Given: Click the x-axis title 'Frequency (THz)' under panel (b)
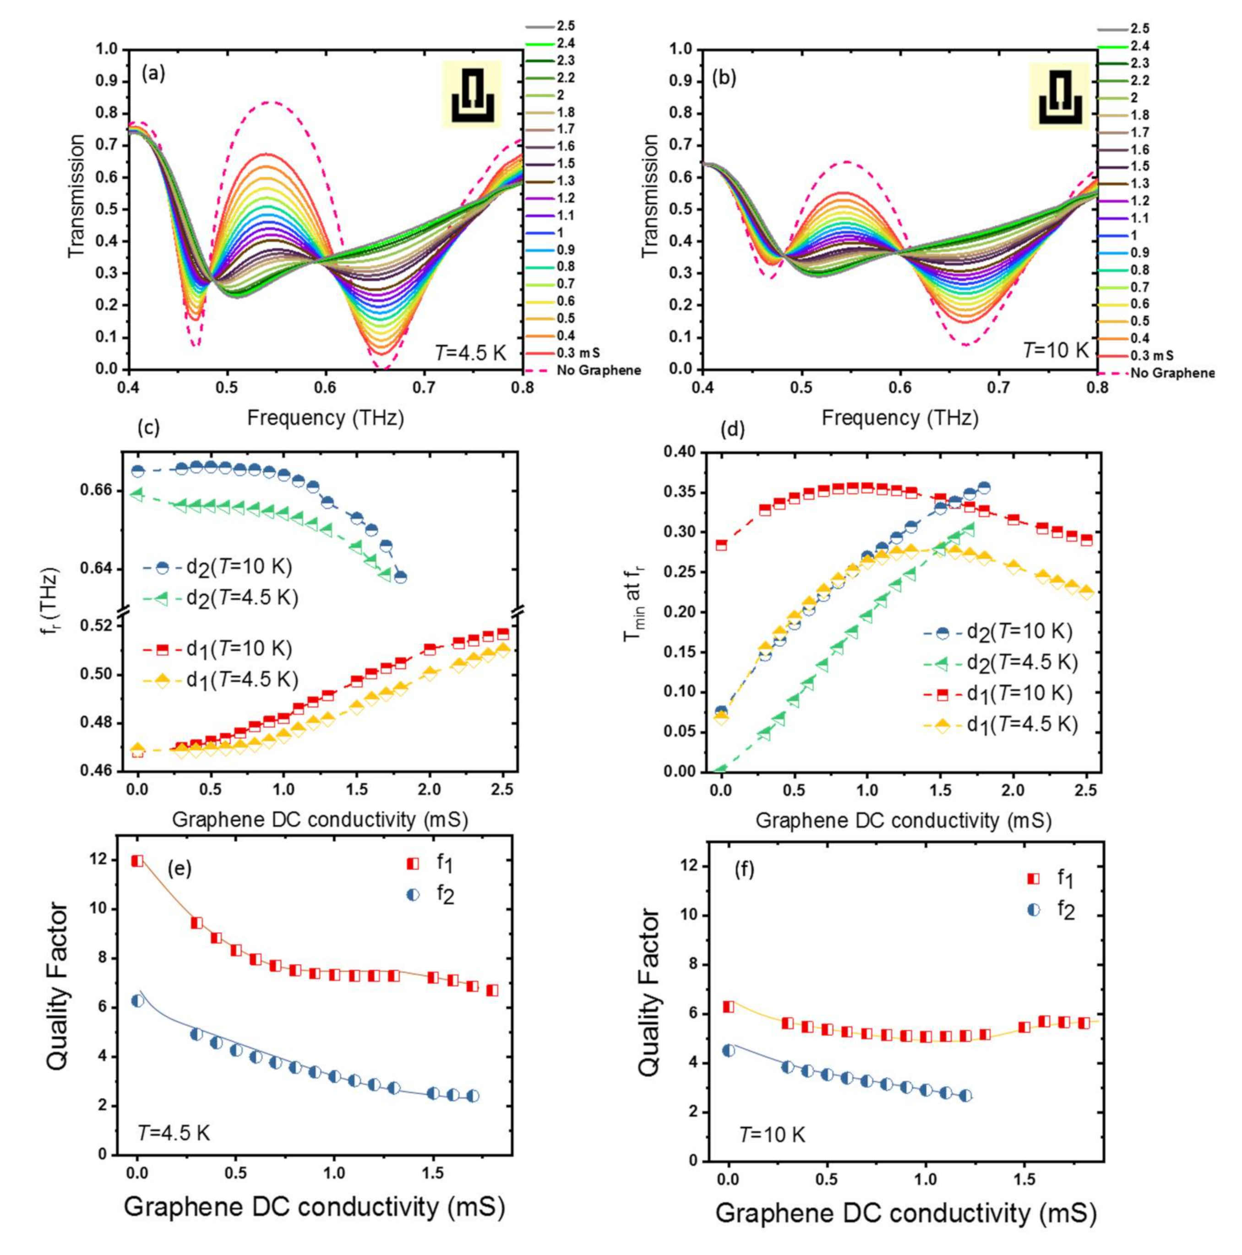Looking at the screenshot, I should click(899, 417).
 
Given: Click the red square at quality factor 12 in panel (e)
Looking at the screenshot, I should click(137, 861).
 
